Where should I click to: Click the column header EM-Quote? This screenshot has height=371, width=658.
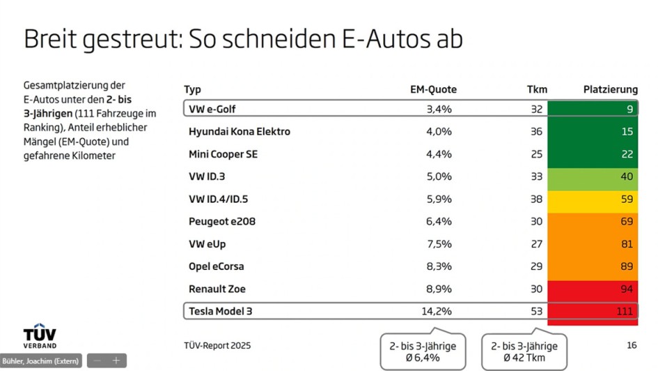433,89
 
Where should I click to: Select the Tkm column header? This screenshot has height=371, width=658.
537,89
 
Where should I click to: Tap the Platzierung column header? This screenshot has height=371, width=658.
610,89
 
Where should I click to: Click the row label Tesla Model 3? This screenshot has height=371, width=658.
221,311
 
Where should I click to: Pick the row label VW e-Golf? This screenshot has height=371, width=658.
212,109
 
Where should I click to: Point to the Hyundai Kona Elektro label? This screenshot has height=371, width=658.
240,131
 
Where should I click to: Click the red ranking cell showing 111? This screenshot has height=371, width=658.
593,311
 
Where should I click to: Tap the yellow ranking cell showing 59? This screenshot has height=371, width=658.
593,199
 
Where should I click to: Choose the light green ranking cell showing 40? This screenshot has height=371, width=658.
593,176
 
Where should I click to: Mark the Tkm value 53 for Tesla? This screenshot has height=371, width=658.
536,311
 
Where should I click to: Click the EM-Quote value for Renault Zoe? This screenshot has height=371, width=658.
439,289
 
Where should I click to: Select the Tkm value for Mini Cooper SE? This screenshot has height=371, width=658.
536,154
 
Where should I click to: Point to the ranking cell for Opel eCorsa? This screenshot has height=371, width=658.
593,266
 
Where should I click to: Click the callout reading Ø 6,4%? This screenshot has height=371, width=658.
423,352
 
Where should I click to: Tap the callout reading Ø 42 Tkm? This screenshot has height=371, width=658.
524,352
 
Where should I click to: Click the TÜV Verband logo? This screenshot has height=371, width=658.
40,335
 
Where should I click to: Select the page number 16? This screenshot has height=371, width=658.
632,345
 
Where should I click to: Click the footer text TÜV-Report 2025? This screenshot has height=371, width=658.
217,345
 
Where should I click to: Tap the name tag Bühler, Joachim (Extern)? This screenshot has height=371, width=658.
41,361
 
